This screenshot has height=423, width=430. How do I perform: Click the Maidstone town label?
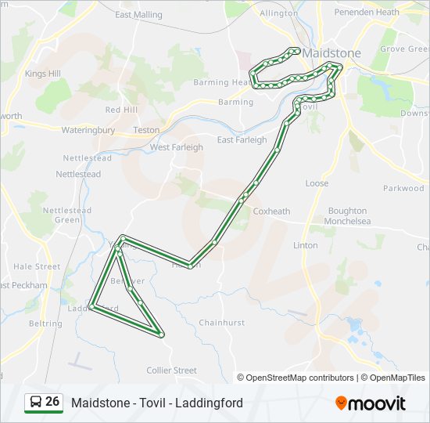331,53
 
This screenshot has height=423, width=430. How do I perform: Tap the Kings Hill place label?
42,74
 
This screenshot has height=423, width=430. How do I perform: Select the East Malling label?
138,15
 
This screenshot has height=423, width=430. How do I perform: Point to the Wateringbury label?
88,130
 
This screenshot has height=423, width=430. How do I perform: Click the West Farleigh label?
177,147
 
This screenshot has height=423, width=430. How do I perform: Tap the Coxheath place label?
271,211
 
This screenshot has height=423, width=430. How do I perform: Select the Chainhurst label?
222,323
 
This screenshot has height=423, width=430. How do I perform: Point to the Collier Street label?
172,371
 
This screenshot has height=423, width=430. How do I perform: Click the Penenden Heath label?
367,13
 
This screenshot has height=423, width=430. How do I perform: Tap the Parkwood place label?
403,188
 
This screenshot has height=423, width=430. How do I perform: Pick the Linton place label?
305,245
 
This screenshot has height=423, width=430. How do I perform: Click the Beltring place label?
45,324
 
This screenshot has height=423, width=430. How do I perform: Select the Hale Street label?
37,266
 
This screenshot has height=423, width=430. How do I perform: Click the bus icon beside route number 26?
35,403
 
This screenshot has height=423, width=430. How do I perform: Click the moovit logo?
371,403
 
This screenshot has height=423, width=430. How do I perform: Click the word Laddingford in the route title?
208,403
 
